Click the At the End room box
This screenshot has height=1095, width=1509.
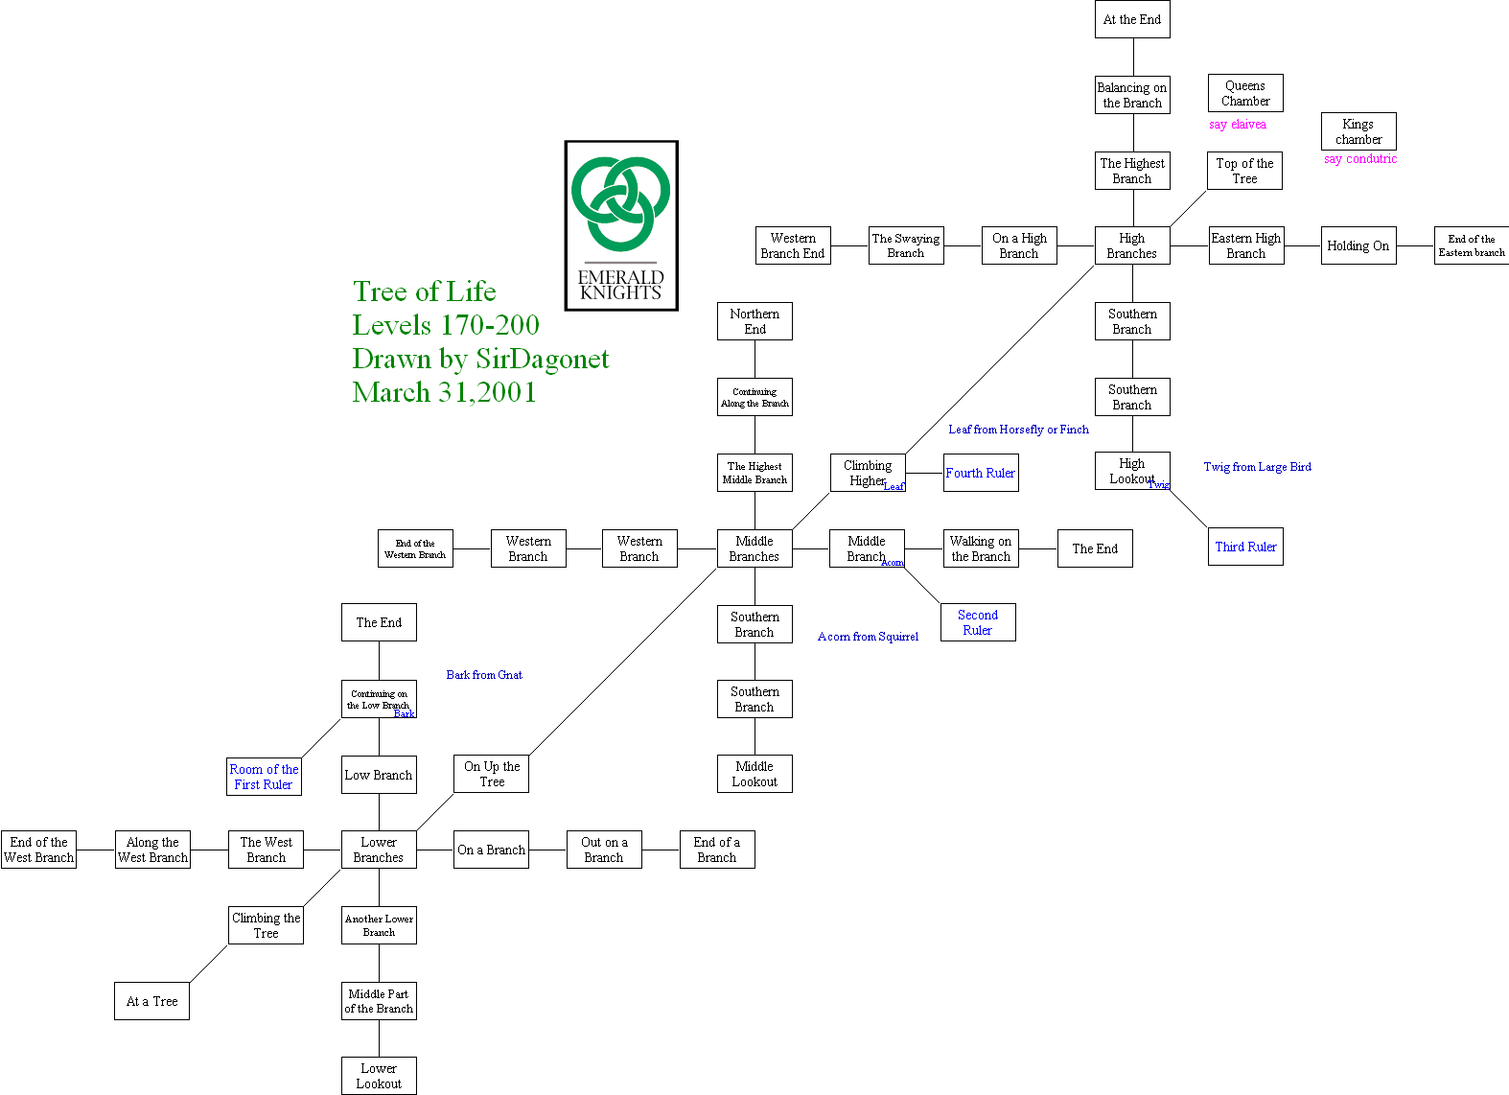click(x=1132, y=19)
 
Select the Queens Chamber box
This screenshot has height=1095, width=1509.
click(x=1245, y=93)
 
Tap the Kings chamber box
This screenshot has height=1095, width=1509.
click(x=1358, y=131)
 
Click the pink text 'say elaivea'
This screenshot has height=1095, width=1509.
click(x=1238, y=125)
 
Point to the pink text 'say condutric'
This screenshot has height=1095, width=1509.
click(x=1360, y=159)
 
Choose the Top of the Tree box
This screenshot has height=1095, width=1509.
click(x=1244, y=171)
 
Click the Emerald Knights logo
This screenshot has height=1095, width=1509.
click(x=621, y=225)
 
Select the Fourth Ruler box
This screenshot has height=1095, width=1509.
click(x=981, y=473)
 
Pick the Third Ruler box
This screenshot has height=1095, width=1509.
click(x=1245, y=547)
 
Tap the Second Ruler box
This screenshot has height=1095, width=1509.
click(x=978, y=622)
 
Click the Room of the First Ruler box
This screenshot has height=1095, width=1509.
click(x=264, y=777)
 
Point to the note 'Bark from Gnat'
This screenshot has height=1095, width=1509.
click(x=484, y=675)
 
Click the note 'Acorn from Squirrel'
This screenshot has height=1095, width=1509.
click(x=868, y=637)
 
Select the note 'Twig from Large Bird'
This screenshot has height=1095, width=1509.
click(x=1257, y=467)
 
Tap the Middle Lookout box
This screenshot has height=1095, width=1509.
click(x=754, y=774)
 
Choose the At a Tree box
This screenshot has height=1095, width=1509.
click(x=151, y=1001)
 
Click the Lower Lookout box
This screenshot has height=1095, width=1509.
click(x=379, y=1076)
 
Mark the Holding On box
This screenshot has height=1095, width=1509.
click(x=1358, y=245)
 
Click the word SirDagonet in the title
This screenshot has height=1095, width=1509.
click(x=543, y=359)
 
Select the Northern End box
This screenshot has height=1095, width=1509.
click(x=754, y=321)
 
